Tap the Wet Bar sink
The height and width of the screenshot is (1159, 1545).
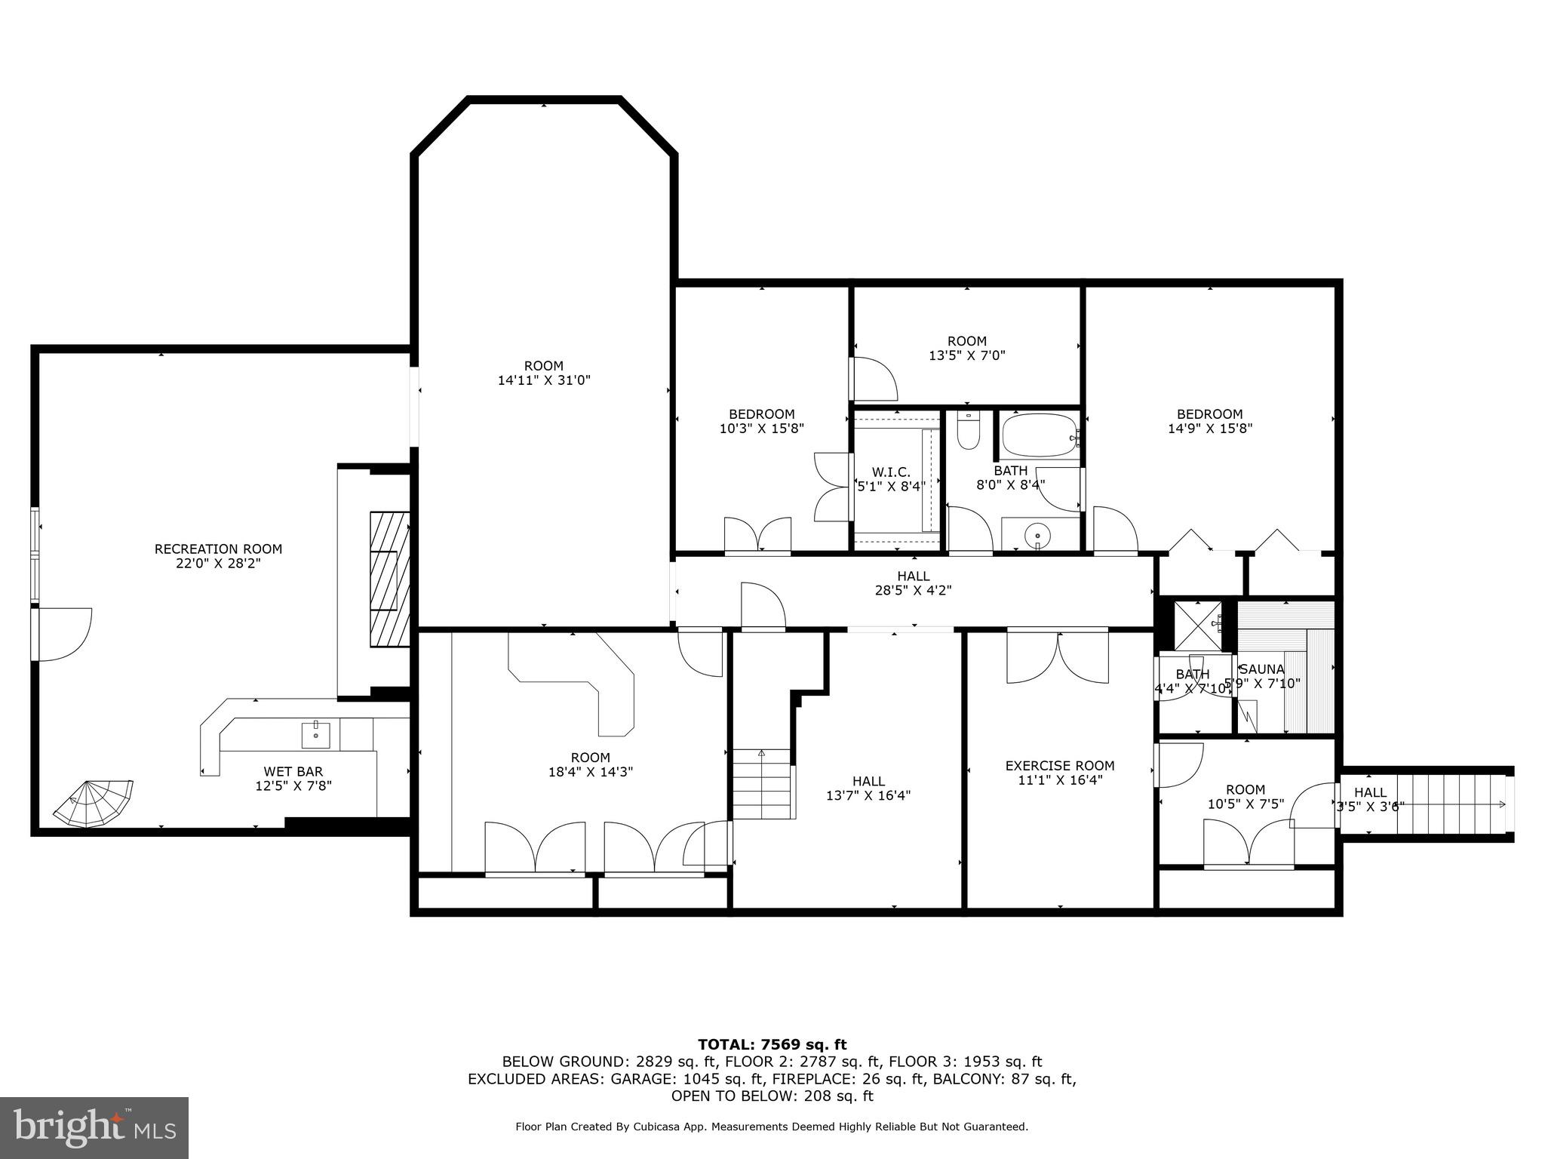click(315, 733)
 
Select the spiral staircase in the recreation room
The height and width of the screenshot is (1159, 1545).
click(94, 802)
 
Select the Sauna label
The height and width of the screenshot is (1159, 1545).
click(1262, 669)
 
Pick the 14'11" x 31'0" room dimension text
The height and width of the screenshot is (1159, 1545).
click(543, 381)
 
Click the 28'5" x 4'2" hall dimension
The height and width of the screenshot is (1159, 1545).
click(913, 591)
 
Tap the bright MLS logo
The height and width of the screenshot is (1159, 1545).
click(94, 1127)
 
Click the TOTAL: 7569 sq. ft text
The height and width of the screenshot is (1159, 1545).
click(772, 1044)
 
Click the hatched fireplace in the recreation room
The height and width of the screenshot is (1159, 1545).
click(389, 579)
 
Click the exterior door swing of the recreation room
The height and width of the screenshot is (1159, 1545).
click(64, 635)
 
